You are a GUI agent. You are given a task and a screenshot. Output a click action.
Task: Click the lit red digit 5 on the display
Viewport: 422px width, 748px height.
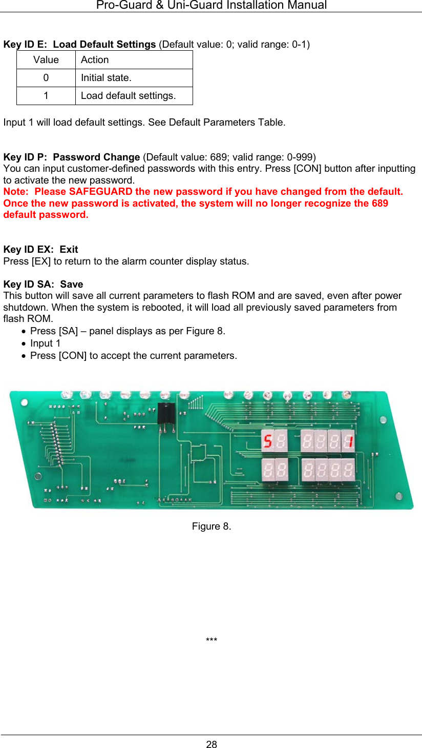coord(267,441)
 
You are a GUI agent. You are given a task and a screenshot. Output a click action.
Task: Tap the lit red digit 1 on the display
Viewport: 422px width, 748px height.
coord(348,441)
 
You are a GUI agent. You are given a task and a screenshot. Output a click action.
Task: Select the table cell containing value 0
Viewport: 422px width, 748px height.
coord(46,78)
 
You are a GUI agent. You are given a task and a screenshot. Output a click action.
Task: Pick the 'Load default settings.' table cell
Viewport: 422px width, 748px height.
coord(134,96)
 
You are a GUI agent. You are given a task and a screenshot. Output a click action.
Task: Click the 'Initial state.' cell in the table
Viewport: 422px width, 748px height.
coord(134,78)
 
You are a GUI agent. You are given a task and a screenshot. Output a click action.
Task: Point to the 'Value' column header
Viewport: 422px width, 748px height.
coord(46,60)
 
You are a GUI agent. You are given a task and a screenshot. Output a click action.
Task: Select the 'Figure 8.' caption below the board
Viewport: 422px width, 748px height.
coord(212,527)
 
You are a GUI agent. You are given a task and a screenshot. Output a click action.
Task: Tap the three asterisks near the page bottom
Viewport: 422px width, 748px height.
coord(212,641)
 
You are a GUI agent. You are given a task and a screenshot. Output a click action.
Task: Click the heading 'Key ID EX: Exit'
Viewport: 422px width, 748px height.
coord(41,250)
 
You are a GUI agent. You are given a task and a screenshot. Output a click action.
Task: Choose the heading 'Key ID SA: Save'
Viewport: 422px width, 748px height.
coord(43,284)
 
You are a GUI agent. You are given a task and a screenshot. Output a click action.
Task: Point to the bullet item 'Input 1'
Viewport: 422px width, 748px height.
coord(45,343)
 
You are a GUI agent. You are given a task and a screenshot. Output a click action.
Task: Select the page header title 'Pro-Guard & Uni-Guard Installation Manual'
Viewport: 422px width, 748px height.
coord(212,6)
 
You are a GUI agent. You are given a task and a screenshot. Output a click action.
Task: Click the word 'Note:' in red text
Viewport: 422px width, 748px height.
coord(16,192)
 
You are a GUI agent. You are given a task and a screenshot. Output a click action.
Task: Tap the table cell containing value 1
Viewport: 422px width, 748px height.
coord(46,96)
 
